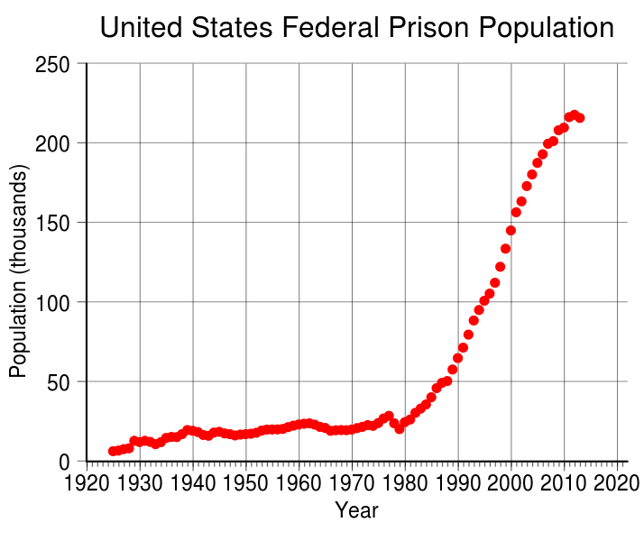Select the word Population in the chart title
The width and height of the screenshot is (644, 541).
546,28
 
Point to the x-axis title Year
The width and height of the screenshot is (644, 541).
356,510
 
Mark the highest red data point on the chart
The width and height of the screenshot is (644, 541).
575,115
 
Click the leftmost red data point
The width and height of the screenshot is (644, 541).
113,451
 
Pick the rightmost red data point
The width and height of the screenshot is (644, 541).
580,118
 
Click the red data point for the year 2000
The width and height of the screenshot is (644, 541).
511,230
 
